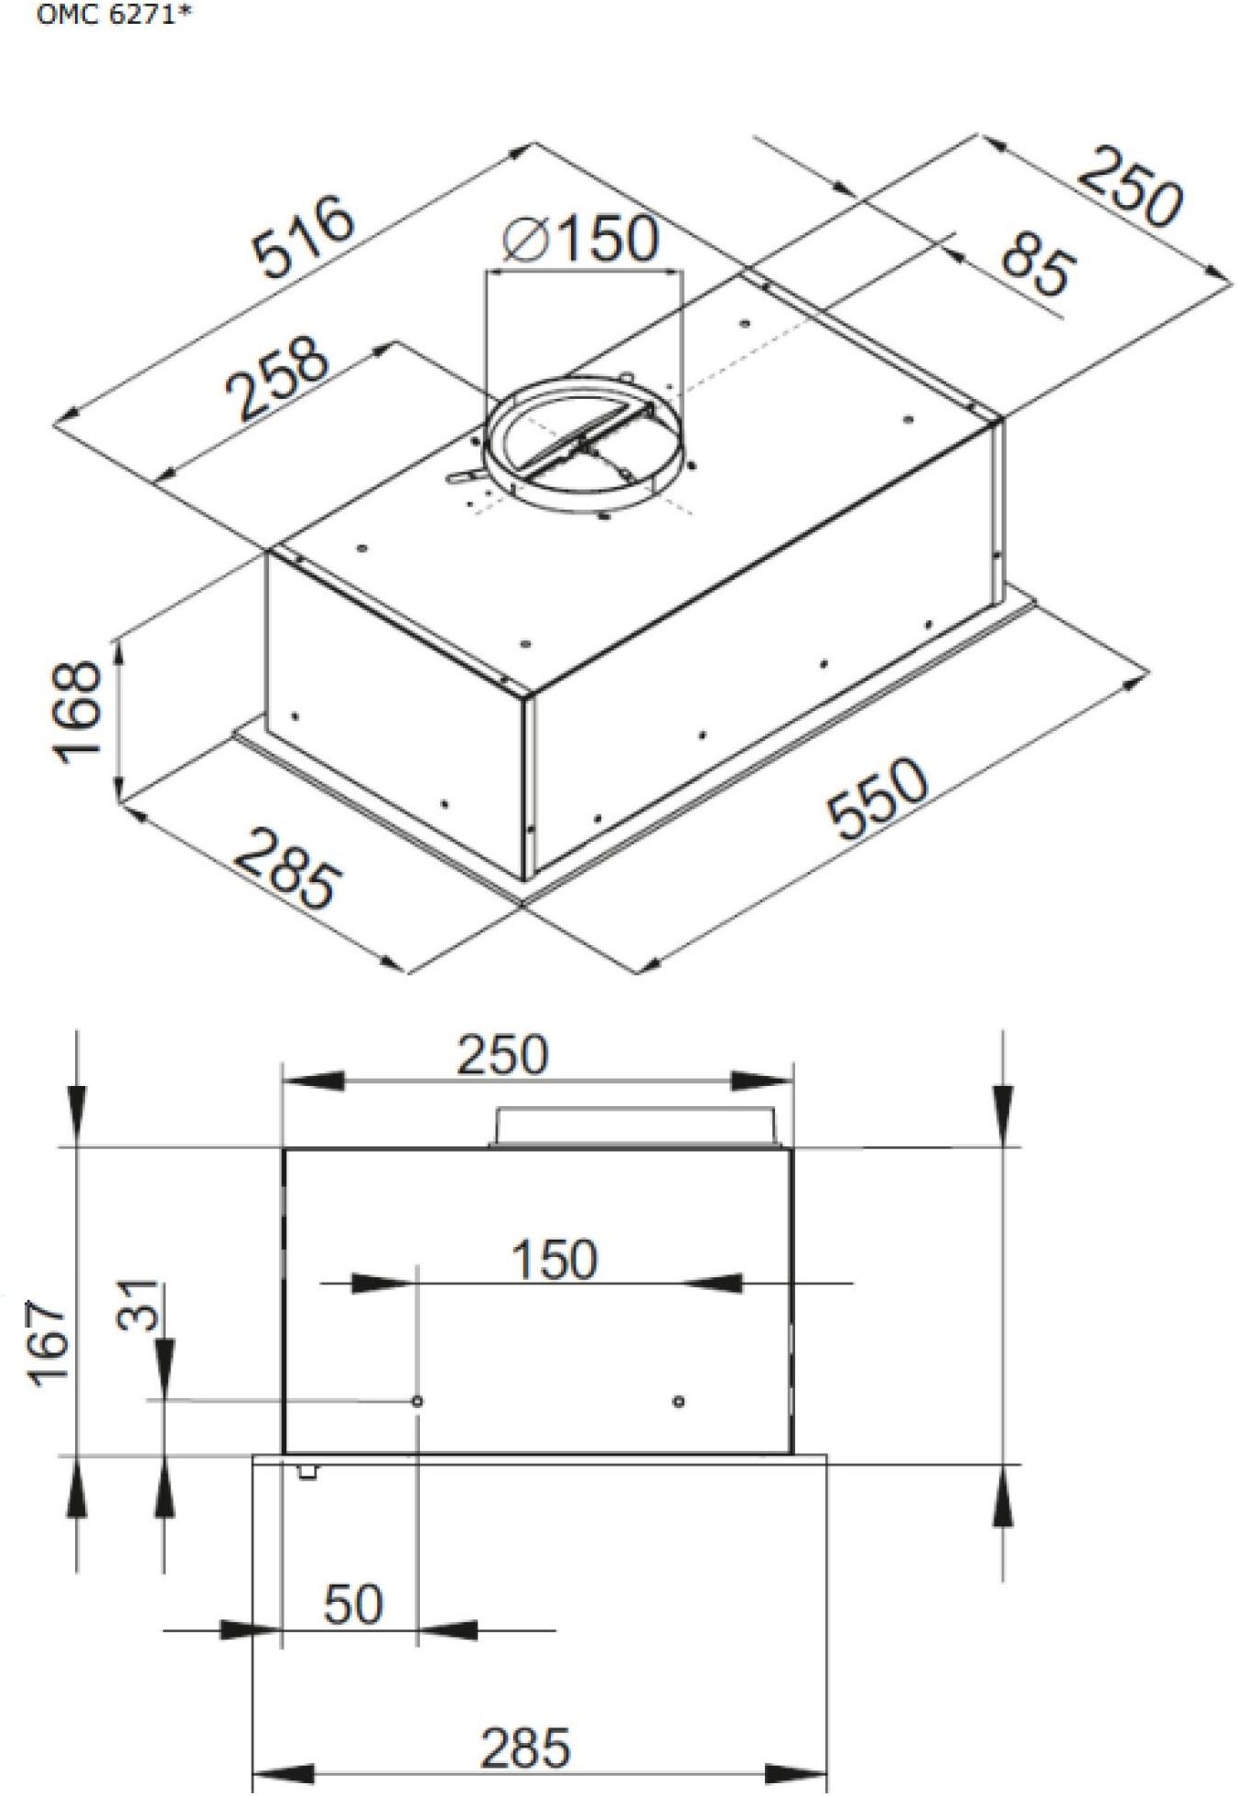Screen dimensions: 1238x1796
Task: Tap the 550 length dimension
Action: pyautogui.click(x=877, y=798)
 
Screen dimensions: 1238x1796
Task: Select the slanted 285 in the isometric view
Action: pyautogui.click(x=285, y=868)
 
